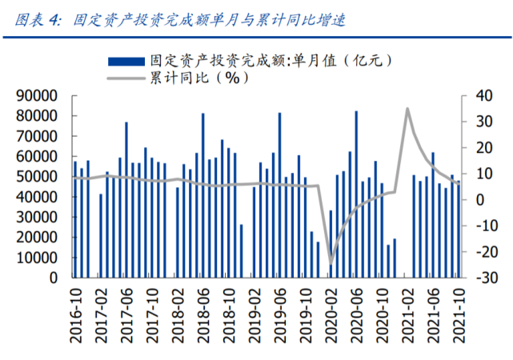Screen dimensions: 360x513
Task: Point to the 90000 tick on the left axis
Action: coord(37,95)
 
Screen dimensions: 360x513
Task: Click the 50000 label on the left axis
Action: coord(37,177)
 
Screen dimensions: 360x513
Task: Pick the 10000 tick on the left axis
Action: coord(37,258)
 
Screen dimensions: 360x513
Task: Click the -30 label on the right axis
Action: coord(482,278)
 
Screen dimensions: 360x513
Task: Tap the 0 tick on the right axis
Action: coord(477,200)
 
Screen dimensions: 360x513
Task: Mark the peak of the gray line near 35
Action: coord(407,109)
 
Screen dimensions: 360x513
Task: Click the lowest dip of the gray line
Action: coord(331,262)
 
